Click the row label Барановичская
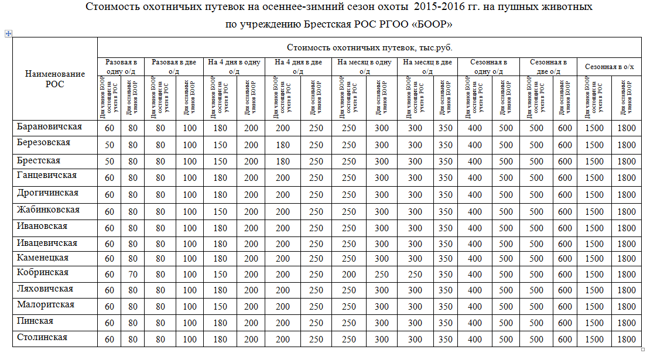pyautogui.click(x=50, y=126)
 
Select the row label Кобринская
pyautogui.click(x=43, y=273)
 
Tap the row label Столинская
pyautogui.click(x=42, y=337)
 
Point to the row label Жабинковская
pyautogui.click(x=48, y=210)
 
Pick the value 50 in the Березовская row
pyautogui.click(x=109, y=145)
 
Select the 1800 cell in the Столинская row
pyautogui.click(x=626, y=339)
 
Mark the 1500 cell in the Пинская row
pyautogui.click(x=594, y=323)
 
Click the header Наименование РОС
pyautogui.click(x=54, y=78)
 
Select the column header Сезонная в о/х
pyautogui.click(x=610, y=67)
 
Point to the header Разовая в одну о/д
pyautogui.click(x=121, y=66)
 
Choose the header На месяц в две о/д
pyautogui.click(x=427, y=66)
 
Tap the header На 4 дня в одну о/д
pyautogui.click(x=234, y=66)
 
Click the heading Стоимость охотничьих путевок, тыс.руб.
pyautogui.click(x=369, y=47)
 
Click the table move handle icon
pyautogui.click(x=8, y=34)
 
